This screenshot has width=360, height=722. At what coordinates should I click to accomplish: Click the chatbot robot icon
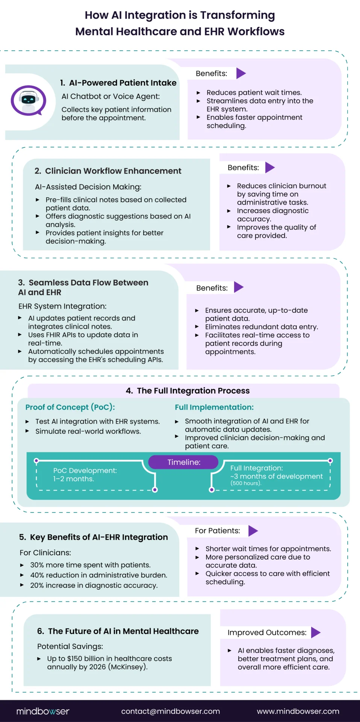click(x=28, y=101)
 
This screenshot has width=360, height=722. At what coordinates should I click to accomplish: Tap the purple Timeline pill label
click(x=183, y=462)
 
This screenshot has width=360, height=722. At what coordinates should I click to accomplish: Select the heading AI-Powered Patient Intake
click(x=123, y=83)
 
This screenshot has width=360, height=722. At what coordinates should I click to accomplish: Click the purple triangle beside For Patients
click(x=253, y=531)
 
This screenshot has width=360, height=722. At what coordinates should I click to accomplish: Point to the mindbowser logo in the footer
click(x=43, y=711)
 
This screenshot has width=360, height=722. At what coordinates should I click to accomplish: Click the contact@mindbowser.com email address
click(x=171, y=711)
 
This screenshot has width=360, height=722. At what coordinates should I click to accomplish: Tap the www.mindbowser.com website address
click(x=298, y=711)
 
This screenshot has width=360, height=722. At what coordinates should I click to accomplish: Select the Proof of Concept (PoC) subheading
click(x=70, y=407)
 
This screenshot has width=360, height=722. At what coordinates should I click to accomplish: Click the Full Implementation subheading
click(x=214, y=407)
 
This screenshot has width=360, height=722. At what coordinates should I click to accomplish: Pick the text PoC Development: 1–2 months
click(x=85, y=475)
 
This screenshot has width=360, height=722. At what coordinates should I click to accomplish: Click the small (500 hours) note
click(x=246, y=483)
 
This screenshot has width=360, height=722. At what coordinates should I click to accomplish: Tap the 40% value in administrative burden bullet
click(x=37, y=575)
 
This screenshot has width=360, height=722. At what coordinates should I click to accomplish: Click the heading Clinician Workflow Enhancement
click(x=113, y=171)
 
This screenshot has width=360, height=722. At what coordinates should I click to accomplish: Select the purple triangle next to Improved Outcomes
click(x=316, y=633)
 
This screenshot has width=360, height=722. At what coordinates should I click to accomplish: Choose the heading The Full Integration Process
click(x=193, y=391)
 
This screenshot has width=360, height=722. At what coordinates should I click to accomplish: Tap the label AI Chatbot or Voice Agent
click(x=110, y=96)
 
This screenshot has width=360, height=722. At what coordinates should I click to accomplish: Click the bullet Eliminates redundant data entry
click(x=262, y=327)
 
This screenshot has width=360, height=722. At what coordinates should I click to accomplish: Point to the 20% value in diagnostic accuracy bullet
click(x=37, y=585)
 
